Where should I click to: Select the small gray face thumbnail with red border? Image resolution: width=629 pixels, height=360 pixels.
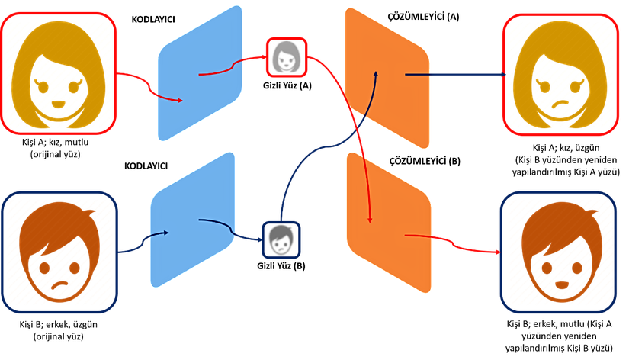pos(287,56)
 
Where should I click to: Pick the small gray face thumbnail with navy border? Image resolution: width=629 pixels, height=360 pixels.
pos(281,239)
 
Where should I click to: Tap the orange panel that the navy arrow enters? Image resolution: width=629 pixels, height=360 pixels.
pos(386,76)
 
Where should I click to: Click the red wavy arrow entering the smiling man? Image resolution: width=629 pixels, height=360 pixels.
pos(457,243)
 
